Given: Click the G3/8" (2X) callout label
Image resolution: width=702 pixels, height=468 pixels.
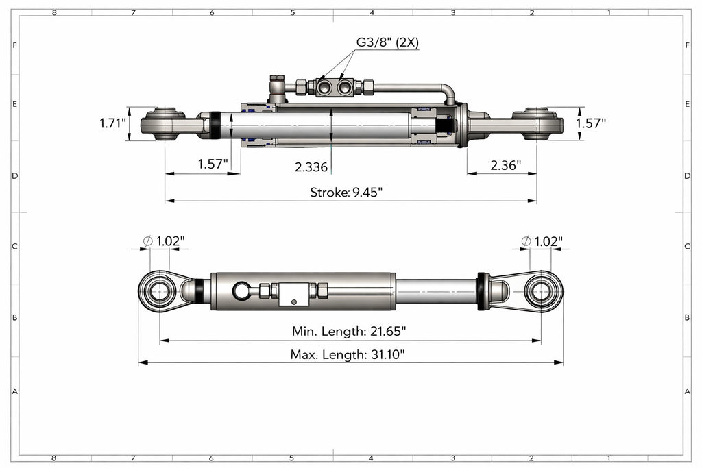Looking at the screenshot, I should [387, 42].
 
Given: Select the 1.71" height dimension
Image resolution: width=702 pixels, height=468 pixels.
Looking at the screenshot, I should [113, 124].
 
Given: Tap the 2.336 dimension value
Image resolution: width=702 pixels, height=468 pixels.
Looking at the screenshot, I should [311, 167].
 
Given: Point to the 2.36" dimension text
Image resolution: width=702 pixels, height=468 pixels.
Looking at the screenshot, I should [505, 165].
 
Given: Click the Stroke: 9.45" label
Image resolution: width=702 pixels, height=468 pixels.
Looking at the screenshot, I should [346, 192].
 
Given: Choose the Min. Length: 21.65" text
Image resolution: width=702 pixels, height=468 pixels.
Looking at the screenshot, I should [349, 332].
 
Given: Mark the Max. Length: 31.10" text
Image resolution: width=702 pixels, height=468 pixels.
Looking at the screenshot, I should [348, 354].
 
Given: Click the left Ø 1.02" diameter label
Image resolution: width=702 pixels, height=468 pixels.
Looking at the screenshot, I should [164, 241].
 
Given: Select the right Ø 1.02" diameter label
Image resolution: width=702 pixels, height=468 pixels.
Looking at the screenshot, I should [542, 241].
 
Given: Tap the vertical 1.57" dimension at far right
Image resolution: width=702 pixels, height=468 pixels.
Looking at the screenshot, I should [591, 124].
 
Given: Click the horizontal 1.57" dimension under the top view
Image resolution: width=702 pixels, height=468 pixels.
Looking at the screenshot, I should [215, 164].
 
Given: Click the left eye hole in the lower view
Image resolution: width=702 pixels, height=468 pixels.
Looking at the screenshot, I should [159, 291].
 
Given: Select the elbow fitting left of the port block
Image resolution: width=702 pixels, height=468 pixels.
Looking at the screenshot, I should [278, 86].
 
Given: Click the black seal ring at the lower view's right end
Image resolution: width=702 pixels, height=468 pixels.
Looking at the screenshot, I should [483, 291].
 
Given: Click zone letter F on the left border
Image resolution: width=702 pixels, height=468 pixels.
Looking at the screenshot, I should [14, 45].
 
